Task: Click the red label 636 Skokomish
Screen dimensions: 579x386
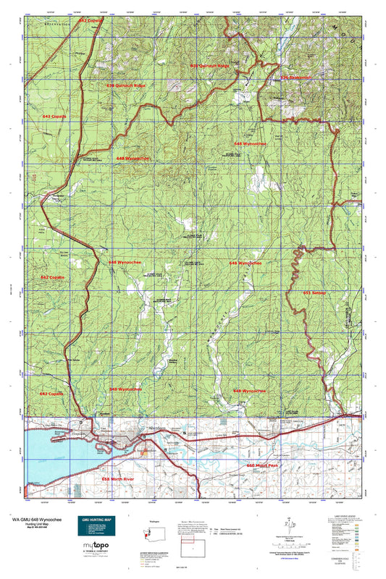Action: point(295,77)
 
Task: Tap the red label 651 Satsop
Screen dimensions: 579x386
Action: point(316,293)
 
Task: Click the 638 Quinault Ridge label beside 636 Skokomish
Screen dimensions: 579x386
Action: point(209,66)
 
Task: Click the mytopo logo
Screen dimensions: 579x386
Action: point(96,555)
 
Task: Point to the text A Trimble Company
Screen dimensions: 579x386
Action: point(96,565)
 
